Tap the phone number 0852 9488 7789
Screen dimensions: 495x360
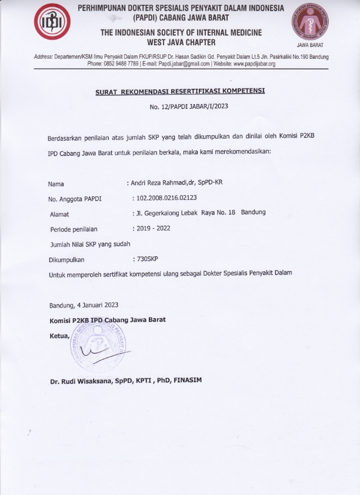tap(121, 63)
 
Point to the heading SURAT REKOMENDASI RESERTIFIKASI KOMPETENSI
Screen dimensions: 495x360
tap(180, 92)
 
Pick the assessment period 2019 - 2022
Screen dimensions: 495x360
tap(155, 228)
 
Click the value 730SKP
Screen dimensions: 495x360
tap(151, 259)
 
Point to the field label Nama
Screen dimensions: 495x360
tap(56, 183)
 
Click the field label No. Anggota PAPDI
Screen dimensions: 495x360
tap(75, 199)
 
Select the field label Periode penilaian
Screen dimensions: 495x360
tap(74, 229)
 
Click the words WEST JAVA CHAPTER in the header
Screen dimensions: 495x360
tap(181, 42)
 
